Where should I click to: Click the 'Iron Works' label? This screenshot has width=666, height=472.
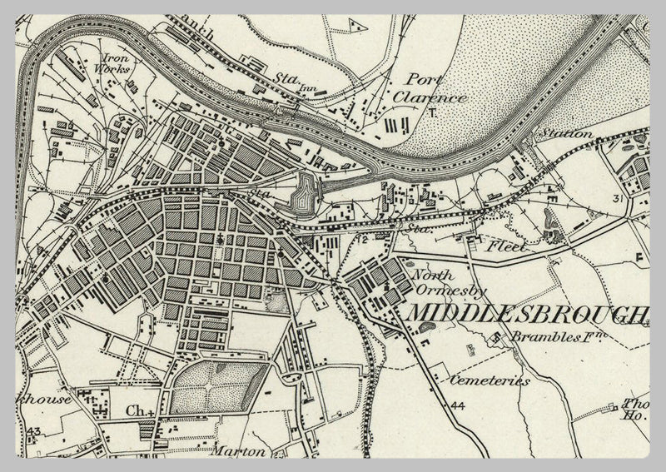coord(116,65)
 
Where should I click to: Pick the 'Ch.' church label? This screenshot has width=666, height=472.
coord(137,410)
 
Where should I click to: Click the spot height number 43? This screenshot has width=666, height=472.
coord(33,430)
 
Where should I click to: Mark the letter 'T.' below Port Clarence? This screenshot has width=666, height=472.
coord(432,115)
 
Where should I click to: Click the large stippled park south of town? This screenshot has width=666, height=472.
coord(219,387)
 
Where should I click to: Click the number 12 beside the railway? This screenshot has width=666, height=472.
coord(363,239)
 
